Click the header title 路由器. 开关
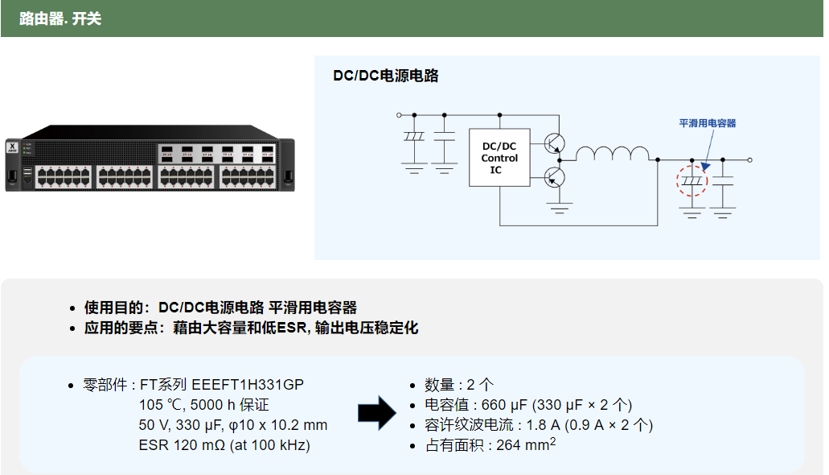[60, 19]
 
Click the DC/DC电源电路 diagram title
[386, 76]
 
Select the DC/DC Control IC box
[499, 158]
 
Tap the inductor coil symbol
[612, 154]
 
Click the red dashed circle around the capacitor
[692, 181]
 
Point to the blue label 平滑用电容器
[708, 123]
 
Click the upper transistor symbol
[554, 143]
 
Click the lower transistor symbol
[554, 176]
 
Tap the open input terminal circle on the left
[400, 115]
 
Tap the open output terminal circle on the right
[749, 160]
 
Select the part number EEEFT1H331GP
[248, 384]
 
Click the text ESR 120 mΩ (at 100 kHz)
[224, 445]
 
